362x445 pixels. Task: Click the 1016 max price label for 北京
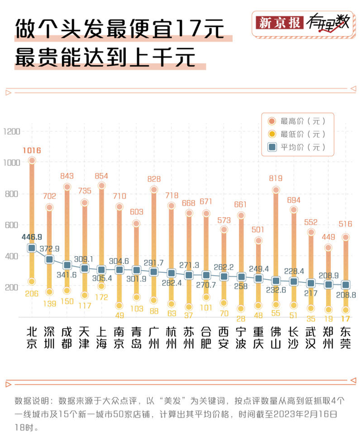coord(32,151)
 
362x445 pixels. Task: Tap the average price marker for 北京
coord(32,248)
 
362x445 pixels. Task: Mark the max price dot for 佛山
coord(276,190)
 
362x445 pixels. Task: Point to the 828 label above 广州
coord(154,179)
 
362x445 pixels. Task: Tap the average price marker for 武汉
coord(311,283)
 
